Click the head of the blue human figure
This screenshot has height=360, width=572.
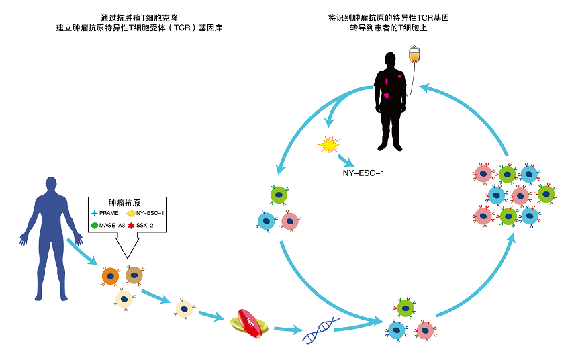coord(52,185)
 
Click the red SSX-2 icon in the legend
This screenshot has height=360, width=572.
coord(131,225)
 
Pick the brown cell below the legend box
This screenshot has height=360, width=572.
coord(134,274)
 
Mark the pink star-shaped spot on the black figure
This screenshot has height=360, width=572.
coord(387,96)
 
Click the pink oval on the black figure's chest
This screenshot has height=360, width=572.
coord(387,82)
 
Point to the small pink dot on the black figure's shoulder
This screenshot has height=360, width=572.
coord(400,77)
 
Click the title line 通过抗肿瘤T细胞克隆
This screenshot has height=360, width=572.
coord(140,17)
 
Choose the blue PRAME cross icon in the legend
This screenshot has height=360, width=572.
coord(94,213)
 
